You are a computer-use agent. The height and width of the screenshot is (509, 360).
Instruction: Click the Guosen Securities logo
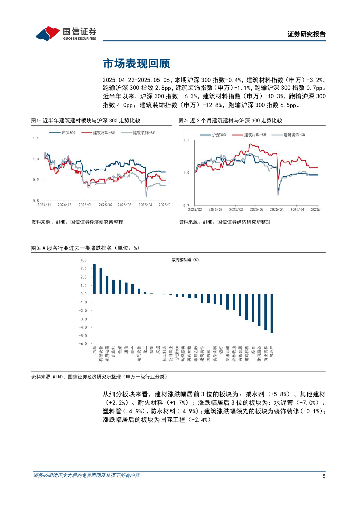coord(65,33)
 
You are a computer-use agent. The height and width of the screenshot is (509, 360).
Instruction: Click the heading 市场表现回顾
coord(136,64)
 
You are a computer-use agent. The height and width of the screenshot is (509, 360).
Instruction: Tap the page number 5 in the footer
coord(324,476)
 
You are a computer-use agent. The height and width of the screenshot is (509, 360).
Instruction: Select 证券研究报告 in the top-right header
coord(307,34)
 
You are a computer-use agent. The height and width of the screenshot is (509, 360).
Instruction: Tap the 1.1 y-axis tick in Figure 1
coord(34,138)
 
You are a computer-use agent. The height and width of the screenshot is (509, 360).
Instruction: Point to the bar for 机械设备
coord(101,281)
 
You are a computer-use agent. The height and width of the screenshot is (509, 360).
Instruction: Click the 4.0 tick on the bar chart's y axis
coord(83,260)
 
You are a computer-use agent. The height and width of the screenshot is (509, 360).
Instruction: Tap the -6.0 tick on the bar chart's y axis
coord(82,343)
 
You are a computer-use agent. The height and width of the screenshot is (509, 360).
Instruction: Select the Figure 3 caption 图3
coord(35,247)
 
